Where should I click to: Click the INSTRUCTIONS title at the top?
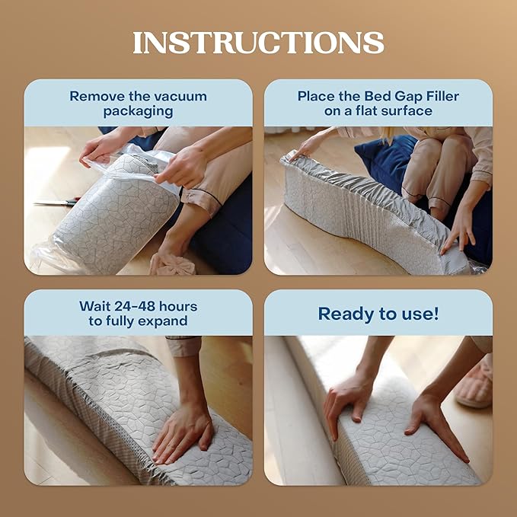pyautogui.click(x=258, y=43)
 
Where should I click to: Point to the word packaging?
pyautogui.click(x=138, y=111)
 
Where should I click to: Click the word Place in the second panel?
pyautogui.click(x=316, y=97)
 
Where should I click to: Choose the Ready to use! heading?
pyautogui.click(x=378, y=313)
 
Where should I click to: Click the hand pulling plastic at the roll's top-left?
pyautogui.click(x=103, y=145)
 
